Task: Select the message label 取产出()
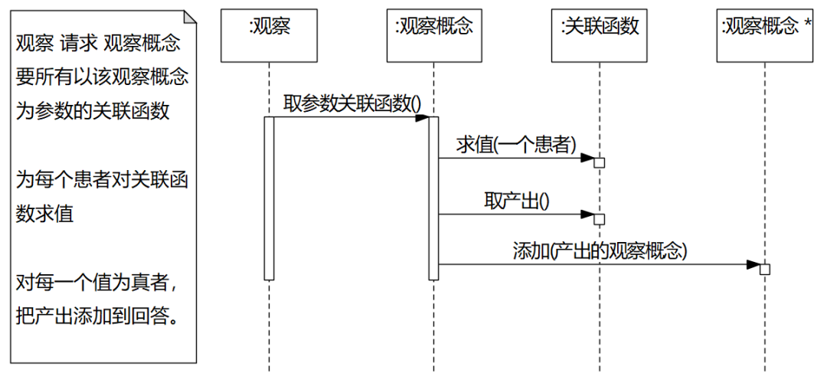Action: (517, 201)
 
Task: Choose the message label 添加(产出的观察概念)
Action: (600, 250)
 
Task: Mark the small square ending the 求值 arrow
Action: (600, 162)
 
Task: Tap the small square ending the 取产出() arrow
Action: (600, 219)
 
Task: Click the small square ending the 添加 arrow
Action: (764, 269)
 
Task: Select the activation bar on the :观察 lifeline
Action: (270, 198)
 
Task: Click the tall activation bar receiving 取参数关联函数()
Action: (433, 198)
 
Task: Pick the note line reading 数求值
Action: (44, 214)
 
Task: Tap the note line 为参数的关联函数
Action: (93, 111)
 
